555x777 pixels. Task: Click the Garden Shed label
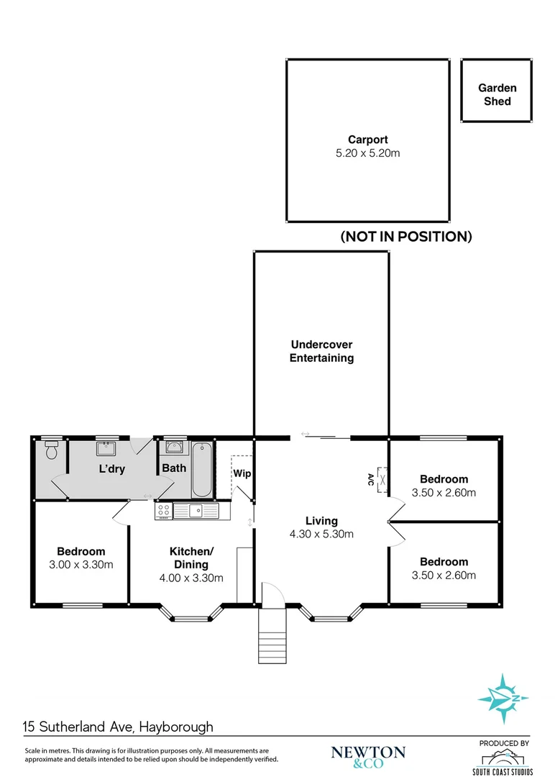coord(497,94)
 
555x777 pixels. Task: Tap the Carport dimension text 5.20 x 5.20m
coord(368,153)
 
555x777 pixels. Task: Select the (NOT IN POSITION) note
coord(405,236)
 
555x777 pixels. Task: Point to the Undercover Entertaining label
coord(321,351)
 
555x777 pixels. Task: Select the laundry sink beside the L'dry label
coord(107,449)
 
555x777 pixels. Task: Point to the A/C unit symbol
coord(382,477)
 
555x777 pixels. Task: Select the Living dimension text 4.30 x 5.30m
coord(321,534)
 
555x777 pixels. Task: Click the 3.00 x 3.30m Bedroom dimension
coord(81,564)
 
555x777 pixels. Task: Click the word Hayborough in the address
coord(176,727)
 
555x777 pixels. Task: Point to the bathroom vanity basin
coord(173,447)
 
